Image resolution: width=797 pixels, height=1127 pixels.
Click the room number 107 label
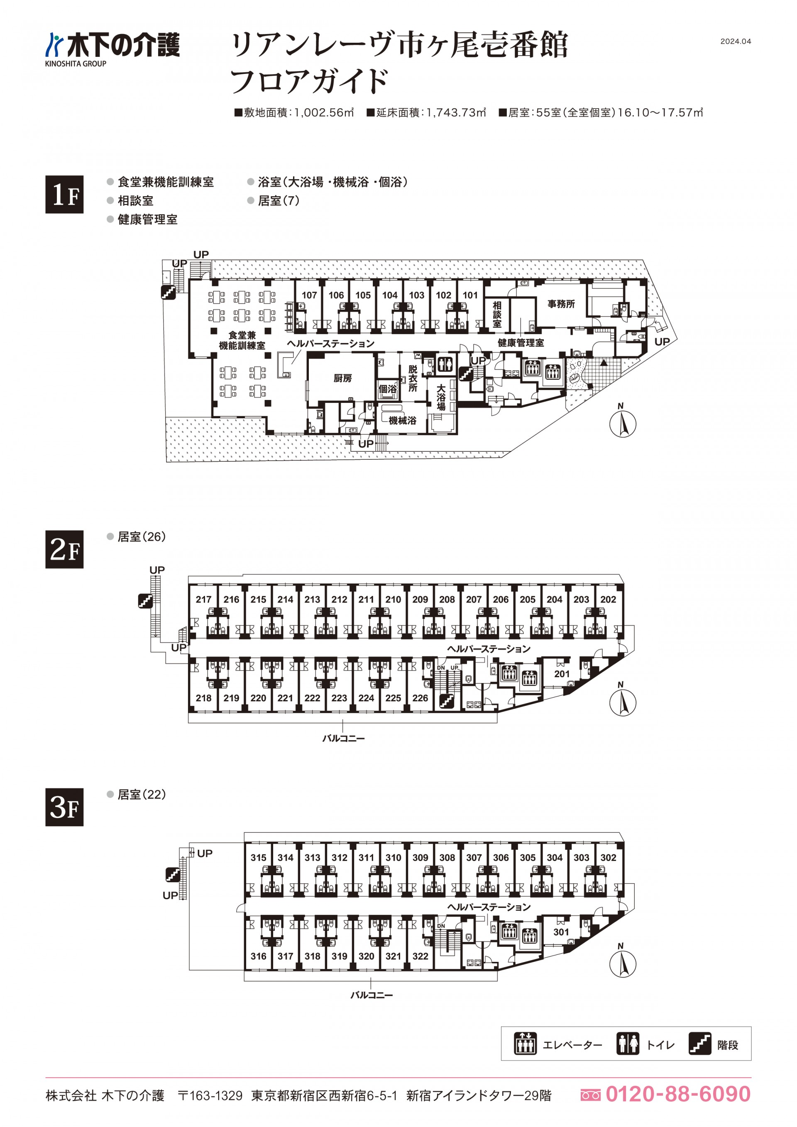point(309,295)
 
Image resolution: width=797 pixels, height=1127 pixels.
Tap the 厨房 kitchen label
point(342,378)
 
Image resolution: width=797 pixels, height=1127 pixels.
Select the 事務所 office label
point(561,304)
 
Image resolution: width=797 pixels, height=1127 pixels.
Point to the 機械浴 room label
point(402,420)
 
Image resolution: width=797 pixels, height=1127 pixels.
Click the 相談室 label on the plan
point(497,314)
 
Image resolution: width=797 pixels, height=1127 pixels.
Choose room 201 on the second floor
point(562,674)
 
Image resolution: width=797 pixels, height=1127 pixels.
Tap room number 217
point(203,599)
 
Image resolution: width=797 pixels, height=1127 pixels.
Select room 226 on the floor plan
point(420,698)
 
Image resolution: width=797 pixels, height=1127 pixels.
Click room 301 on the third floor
point(561,932)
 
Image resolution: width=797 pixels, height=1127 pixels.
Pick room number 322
point(420,956)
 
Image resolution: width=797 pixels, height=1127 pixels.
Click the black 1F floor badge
point(64,194)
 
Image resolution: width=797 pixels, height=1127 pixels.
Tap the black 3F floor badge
point(64,807)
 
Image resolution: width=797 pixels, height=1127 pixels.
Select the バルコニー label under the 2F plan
point(343,738)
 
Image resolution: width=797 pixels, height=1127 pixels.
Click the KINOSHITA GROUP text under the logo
point(76,64)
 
